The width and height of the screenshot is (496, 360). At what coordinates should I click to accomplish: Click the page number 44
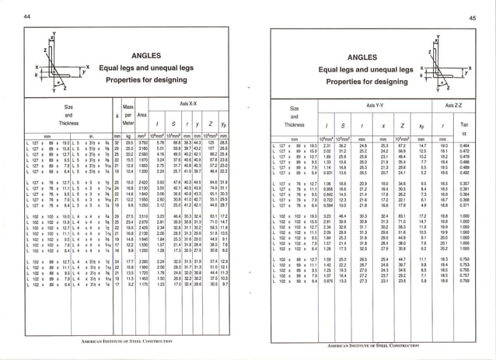[26, 16]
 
